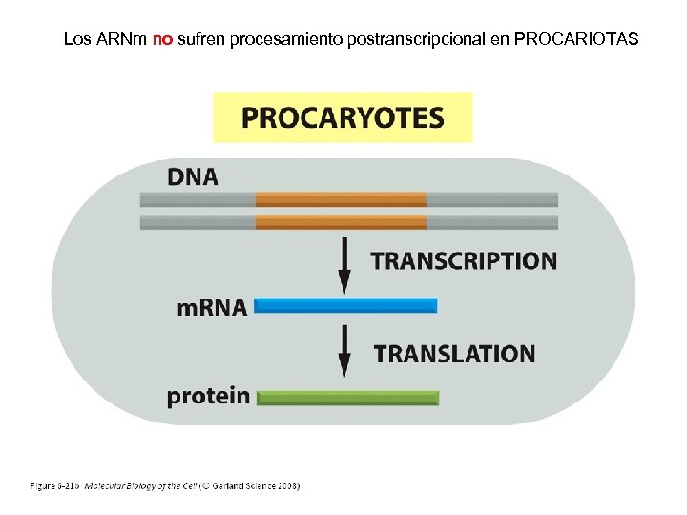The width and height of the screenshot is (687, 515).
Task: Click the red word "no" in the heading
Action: tap(162, 40)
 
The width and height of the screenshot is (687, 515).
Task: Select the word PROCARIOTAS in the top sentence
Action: tap(576, 40)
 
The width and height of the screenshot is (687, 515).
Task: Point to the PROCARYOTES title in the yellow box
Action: tap(343, 117)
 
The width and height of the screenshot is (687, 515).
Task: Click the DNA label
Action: tap(193, 177)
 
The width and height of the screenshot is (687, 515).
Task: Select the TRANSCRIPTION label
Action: tap(463, 260)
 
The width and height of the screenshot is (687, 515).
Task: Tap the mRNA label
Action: tap(212, 307)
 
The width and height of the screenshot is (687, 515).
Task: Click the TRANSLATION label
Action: tap(454, 354)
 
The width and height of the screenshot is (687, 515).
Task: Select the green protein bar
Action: tap(348, 398)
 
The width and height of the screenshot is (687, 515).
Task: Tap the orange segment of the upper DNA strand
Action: tap(341, 199)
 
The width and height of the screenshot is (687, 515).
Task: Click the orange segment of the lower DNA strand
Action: tap(341, 222)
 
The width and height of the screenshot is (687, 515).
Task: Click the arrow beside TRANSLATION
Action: tap(344, 352)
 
